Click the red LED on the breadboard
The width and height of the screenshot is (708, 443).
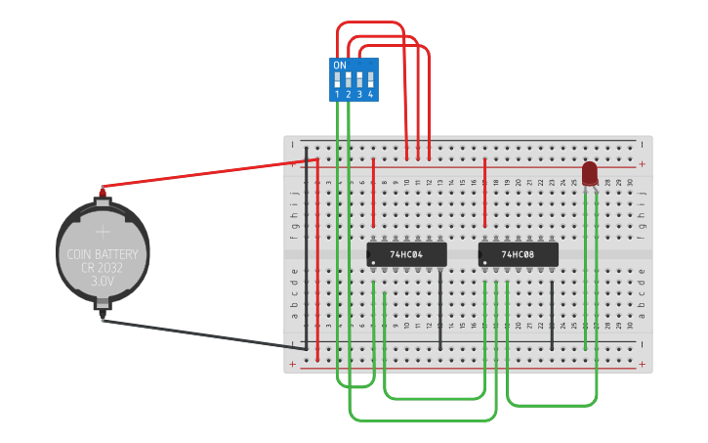tap(589, 174)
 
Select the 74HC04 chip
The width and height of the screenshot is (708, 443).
tap(406, 254)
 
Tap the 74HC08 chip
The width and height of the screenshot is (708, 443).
tap(518, 254)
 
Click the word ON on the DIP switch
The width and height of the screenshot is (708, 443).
tap(339, 66)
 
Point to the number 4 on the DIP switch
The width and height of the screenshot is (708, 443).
tap(370, 95)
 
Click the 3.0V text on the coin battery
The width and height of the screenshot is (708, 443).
tap(103, 281)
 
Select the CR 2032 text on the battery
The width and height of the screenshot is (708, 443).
tap(103, 268)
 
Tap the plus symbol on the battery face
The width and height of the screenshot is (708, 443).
tap(103, 233)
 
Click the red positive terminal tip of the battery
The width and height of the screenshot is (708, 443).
tap(102, 188)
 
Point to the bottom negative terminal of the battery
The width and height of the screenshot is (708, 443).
tap(102, 315)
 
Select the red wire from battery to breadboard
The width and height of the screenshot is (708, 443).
tap(205, 172)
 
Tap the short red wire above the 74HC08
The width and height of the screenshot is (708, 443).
tap(485, 192)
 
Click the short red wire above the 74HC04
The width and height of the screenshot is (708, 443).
tap(373, 192)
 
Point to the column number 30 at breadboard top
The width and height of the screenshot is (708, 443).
tap(630, 182)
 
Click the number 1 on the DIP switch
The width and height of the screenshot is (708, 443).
tap(337, 95)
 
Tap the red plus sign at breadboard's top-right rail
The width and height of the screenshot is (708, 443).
tap(642, 164)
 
